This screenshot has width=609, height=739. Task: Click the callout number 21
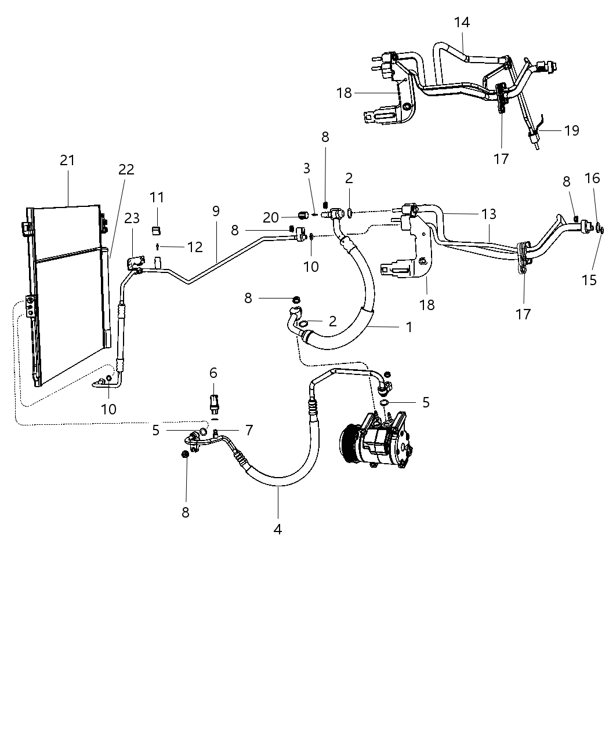[x=68, y=161]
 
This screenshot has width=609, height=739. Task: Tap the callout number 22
[x=126, y=169]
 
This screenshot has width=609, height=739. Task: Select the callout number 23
[x=132, y=218]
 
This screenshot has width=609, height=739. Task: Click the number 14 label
[x=462, y=23]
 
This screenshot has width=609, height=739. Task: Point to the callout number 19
[x=571, y=130]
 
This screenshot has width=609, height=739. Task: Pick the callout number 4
[x=277, y=529]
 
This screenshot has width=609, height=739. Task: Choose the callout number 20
[x=271, y=217]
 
